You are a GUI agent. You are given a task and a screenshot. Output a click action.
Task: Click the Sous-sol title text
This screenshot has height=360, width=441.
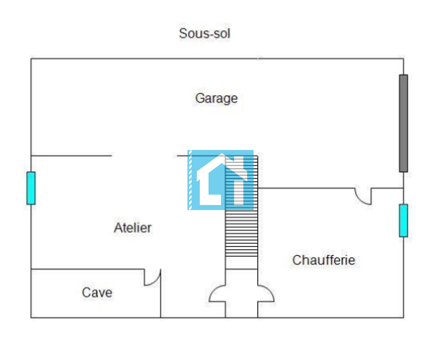(204, 33)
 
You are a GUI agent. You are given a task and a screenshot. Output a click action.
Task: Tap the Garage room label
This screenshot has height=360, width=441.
(216, 98)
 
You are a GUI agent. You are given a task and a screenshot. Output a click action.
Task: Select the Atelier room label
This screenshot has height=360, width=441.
(133, 228)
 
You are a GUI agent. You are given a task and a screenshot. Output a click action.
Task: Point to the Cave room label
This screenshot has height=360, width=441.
(97, 293)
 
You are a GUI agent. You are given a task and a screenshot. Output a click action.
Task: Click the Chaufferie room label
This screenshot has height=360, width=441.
(324, 260)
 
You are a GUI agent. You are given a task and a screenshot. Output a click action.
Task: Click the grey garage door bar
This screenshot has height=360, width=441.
(404, 123)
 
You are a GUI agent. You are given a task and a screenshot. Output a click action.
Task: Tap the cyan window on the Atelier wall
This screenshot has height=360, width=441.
(31, 188)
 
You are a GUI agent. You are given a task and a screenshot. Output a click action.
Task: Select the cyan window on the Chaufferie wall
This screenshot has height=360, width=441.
(404, 220)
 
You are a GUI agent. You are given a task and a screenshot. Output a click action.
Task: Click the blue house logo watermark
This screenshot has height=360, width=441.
(220, 180)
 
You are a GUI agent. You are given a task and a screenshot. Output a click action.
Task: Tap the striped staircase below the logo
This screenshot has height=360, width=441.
(241, 234)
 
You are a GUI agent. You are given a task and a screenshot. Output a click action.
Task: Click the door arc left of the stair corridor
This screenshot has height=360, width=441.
(217, 294)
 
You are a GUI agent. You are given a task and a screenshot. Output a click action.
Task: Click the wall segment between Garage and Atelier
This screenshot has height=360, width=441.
(71, 156)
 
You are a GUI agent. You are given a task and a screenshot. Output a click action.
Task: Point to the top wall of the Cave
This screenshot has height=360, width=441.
(88, 269)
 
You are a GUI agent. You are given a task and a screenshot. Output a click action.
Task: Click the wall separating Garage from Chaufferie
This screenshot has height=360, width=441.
(306, 188)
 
